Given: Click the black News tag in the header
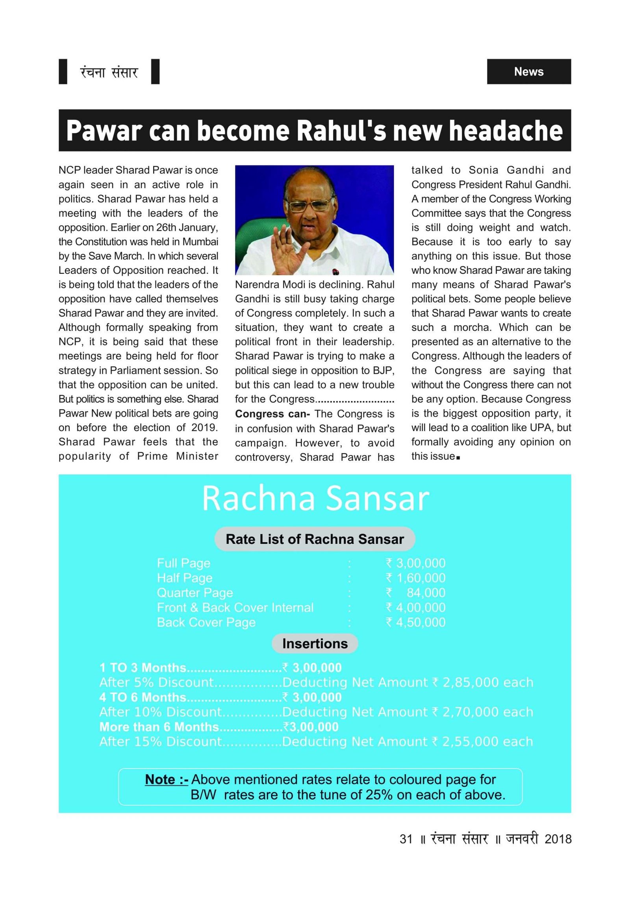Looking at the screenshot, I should pos(528,72).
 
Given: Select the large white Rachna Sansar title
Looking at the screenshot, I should pos(315,499).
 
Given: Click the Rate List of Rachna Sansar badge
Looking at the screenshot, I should pos(315,539).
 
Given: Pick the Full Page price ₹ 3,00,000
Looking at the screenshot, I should pos(416,563).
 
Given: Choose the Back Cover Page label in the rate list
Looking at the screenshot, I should pos(206,622).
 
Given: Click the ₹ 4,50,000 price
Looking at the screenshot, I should pos(416,622).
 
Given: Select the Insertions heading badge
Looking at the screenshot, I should pos(315,643).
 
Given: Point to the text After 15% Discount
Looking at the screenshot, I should pos(161,741).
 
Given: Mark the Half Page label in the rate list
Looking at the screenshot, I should pos(184,578).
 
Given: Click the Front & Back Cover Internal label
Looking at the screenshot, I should pos(235,608).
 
